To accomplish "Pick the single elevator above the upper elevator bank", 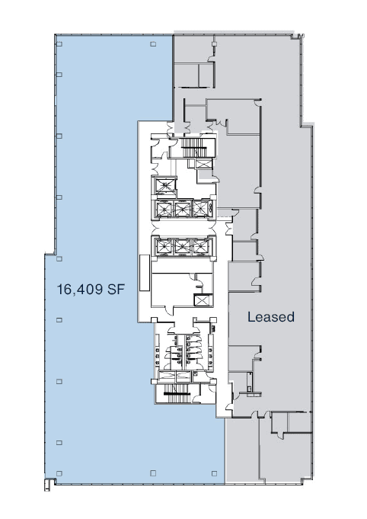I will coord(163,185).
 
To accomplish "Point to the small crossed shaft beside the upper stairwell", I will coord(205,164).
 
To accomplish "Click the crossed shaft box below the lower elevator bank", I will coord(202,300).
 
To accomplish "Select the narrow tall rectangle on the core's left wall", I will coord(142,271).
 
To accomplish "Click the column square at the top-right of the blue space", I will coord(153,44).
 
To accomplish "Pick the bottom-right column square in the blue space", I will coord(153,473).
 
